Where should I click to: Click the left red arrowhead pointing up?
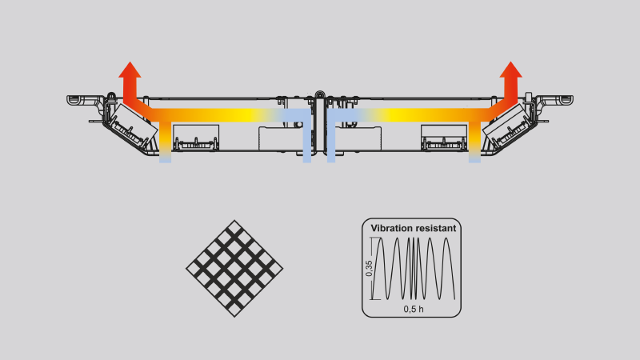pos(130,70)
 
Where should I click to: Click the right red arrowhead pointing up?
pos(510,70)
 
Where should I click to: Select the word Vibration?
pos(390,228)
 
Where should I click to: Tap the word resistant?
pos(434,228)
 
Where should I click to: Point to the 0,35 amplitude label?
pos(369,269)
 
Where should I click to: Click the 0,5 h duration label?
pos(414,309)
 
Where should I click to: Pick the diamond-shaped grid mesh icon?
pos(234,269)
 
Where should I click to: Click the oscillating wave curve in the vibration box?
pos(414,269)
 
